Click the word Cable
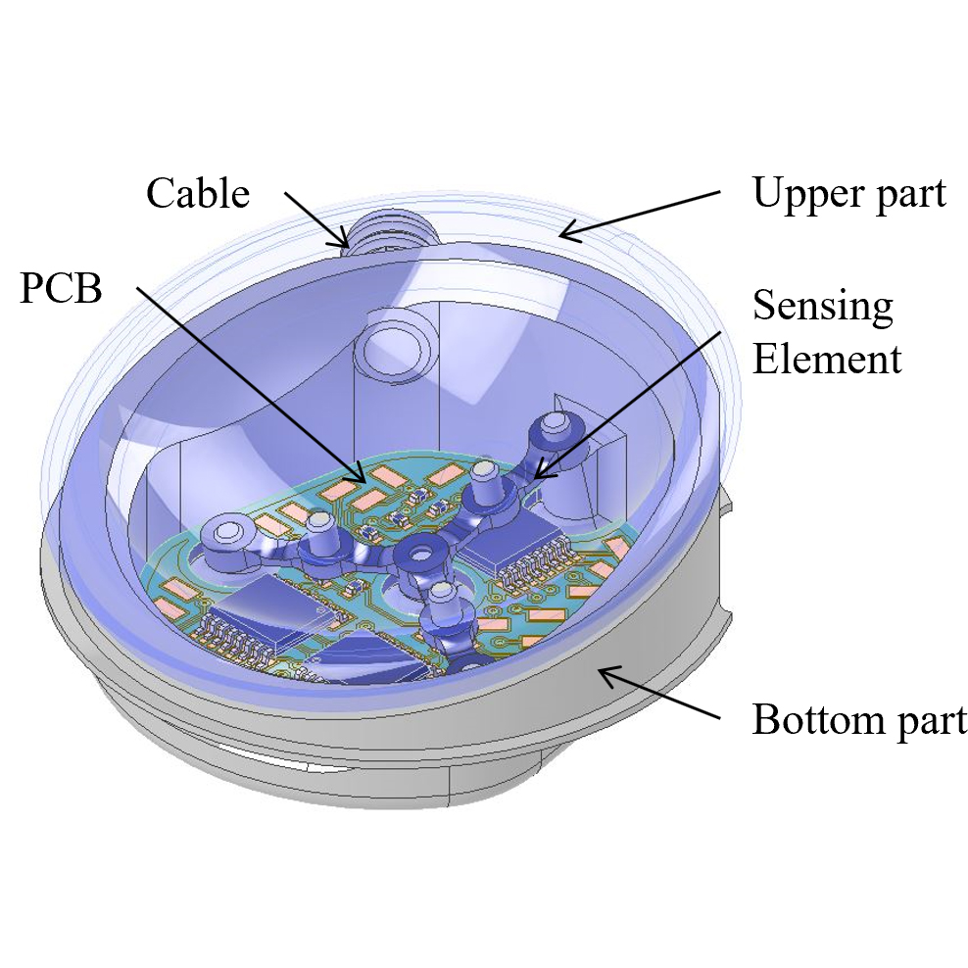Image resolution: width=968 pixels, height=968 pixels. tap(198, 193)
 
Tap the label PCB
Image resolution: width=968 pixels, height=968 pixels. tap(61, 291)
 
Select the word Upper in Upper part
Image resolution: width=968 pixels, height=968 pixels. tap(802, 194)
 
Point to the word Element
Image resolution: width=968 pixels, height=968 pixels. tap(827, 359)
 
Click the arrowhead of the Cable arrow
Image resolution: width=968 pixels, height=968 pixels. tap(343, 241)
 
